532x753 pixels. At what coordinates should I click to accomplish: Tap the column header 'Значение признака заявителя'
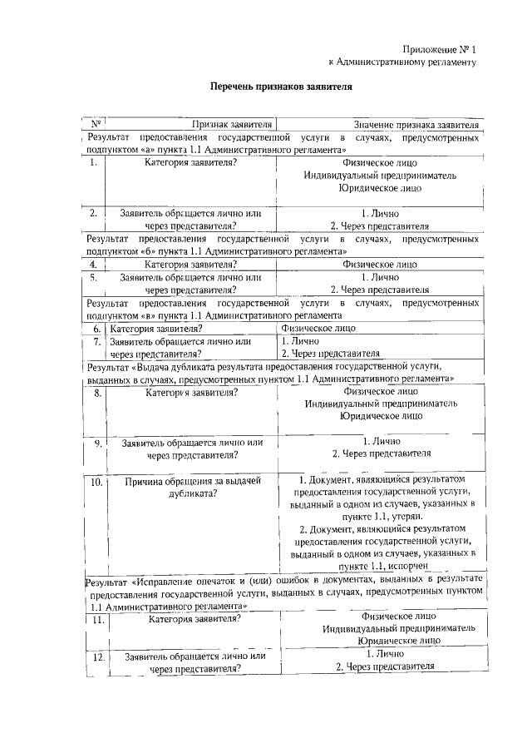(x=416, y=124)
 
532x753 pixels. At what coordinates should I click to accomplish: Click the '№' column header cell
(x=96, y=124)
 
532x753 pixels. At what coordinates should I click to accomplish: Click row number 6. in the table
(x=97, y=329)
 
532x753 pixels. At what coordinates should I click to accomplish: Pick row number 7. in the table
(x=97, y=341)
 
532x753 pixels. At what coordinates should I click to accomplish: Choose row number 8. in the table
(x=97, y=393)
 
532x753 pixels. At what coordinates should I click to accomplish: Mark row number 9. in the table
(x=97, y=443)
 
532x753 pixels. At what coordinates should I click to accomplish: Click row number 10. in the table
(x=96, y=482)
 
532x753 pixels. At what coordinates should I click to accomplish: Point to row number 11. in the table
(x=98, y=620)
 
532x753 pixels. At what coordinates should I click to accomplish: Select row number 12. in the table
(x=98, y=657)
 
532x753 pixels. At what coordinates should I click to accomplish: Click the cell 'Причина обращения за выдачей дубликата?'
(x=193, y=488)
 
